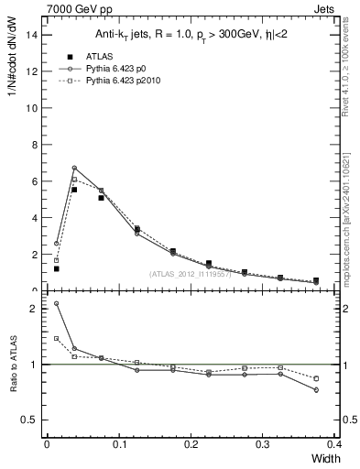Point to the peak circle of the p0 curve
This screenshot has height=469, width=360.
click(x=74, y=168)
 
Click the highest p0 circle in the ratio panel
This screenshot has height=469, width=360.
click(x=56, y=303)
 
